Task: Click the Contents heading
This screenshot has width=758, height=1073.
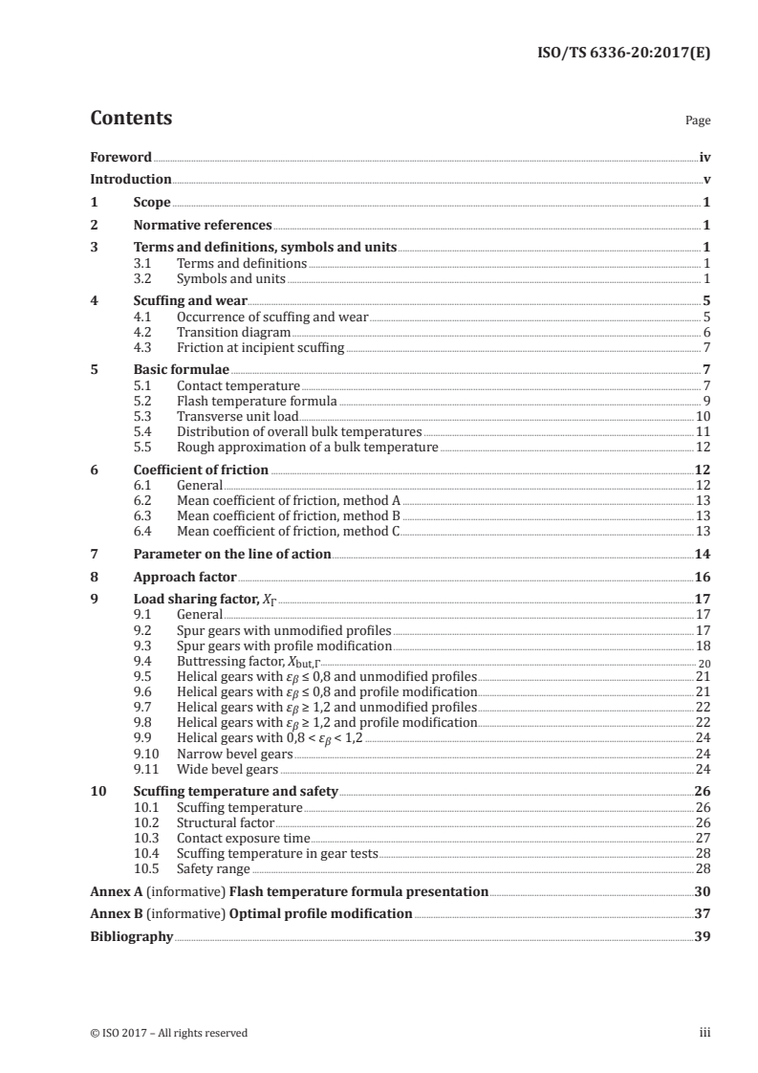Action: click(x=131, y=119)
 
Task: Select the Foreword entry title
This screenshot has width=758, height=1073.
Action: click(x=120, y=157)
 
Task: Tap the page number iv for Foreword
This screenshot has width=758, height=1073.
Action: click(x=704, y=157)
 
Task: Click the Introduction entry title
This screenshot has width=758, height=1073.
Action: click(x=130, y=179)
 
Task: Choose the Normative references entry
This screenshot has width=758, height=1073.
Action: click(x=202, y=226)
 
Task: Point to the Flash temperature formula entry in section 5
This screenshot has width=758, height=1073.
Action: click(x=256, y=401)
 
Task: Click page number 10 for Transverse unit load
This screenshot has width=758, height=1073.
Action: click(x=703, y=417)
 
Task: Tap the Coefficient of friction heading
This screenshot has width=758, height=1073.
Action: click(x=201, y=470)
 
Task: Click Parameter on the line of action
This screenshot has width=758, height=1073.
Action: click(x=231, y=554)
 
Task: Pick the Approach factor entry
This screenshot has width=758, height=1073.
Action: click(x=184, y=578)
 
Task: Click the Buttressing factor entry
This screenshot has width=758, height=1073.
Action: click(x=244, y=661)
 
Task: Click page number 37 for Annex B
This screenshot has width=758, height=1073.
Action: click(x=703, y=913)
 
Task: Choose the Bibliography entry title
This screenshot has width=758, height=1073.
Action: click(x=131, y=936)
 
